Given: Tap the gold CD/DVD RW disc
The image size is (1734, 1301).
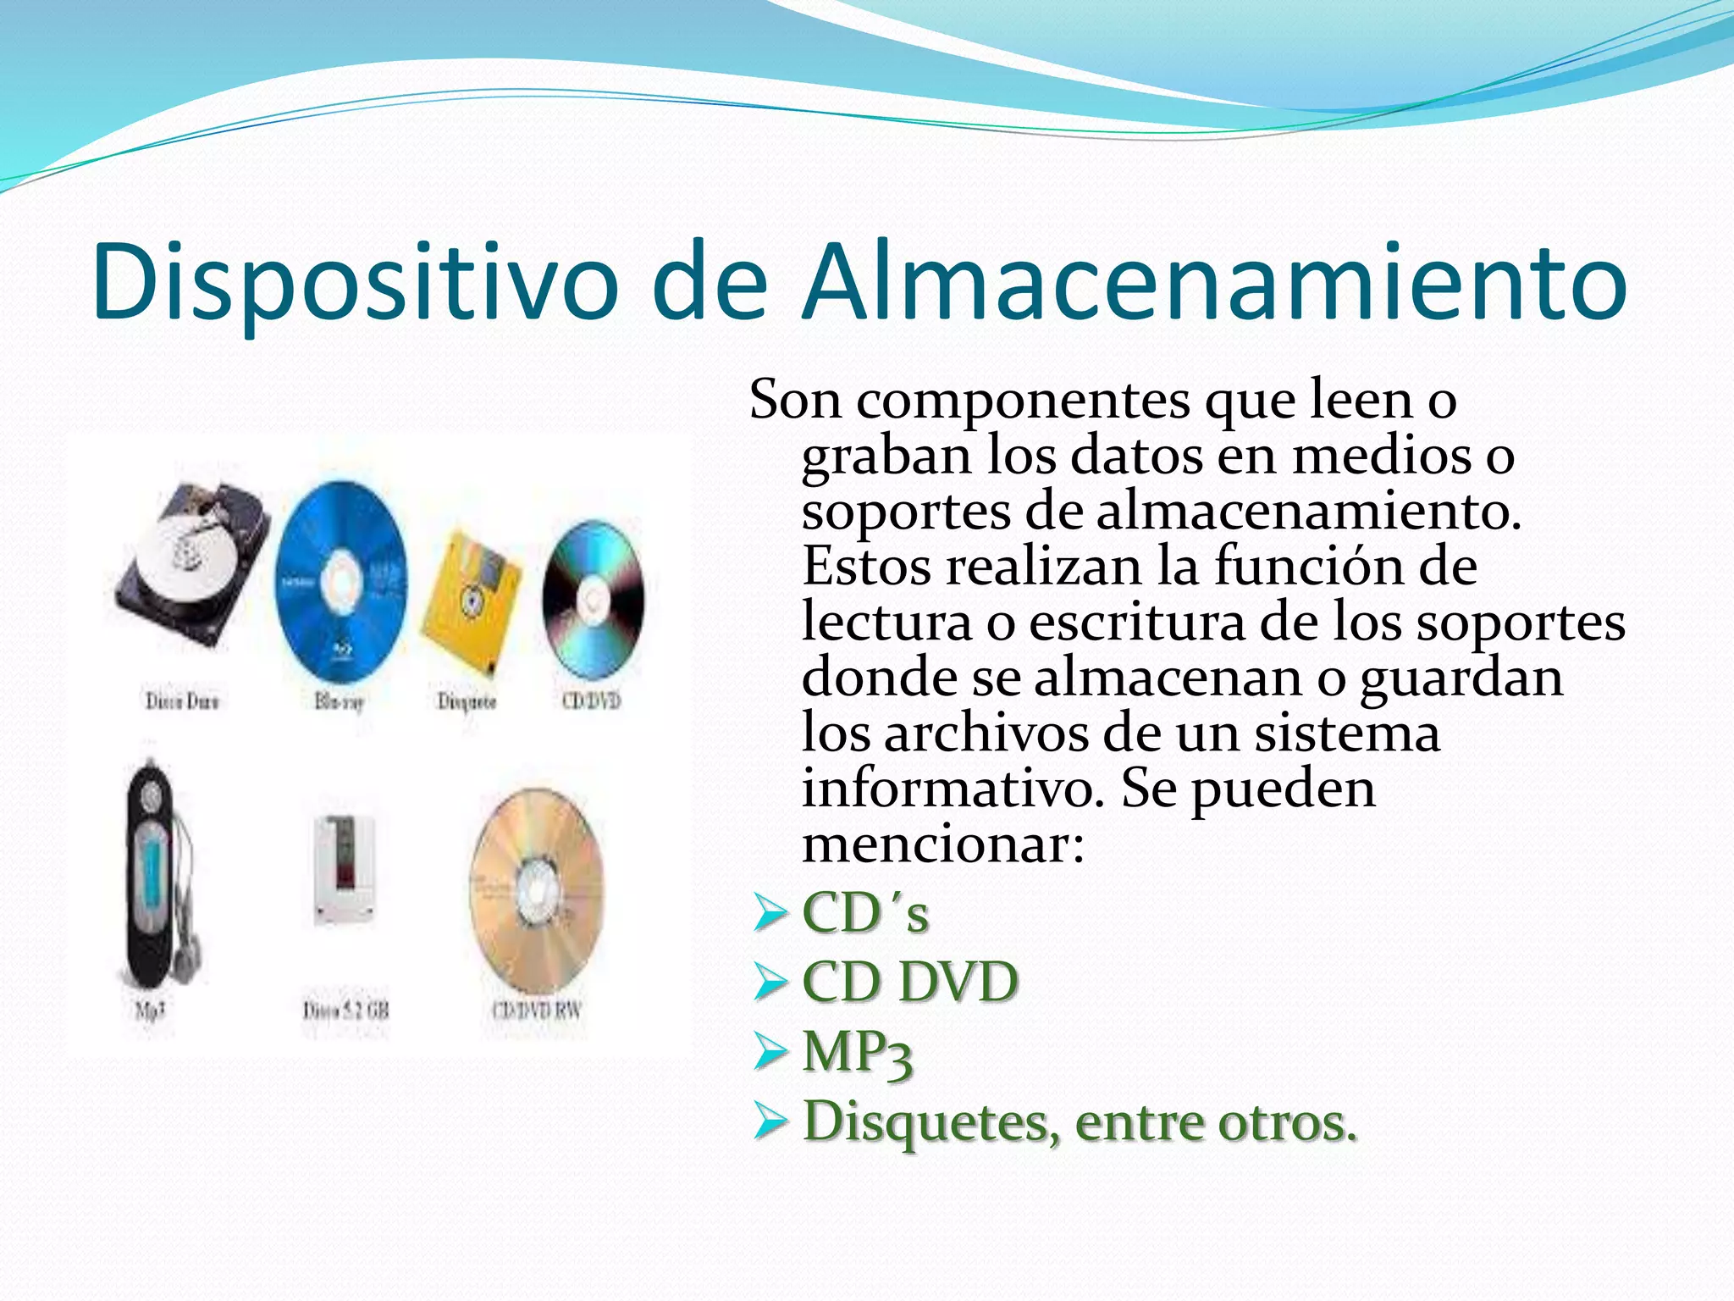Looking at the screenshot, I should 537,889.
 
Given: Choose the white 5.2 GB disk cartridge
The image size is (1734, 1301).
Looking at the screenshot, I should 343,868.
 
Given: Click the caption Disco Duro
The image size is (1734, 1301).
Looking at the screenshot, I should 181,701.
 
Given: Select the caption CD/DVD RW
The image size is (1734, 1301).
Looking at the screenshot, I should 537,1010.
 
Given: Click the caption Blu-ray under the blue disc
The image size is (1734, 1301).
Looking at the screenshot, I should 339,701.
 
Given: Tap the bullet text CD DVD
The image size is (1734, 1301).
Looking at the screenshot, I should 909,983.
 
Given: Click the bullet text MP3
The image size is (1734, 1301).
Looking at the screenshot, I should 857,1053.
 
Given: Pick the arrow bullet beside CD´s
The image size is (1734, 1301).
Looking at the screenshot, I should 770,914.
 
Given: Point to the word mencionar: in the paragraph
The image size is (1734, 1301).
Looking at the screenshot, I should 942,844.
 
